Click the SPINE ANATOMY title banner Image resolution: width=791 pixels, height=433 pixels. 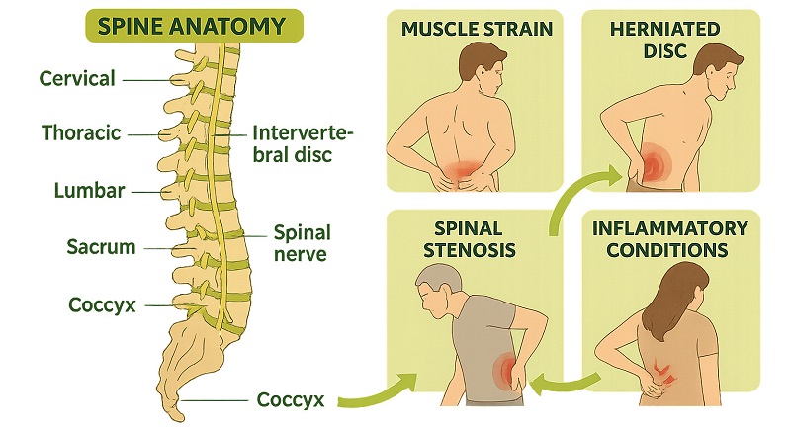click(x=194, y=26)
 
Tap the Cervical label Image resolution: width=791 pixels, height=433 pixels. click(x=77, y=79)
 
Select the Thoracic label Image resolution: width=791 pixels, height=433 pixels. click(x=81, y=133)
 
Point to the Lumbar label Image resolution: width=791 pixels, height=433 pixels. click(x=89, y=191)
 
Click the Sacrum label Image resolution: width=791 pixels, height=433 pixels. click(x=101, y=247)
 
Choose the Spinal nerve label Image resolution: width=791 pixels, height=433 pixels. click(x=302, y=243)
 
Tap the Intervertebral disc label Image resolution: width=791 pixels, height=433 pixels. click(x=303, y=144)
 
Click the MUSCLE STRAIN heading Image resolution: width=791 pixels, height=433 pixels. click(x=478, y=30)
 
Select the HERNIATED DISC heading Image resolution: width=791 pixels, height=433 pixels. click(x=664, y=40)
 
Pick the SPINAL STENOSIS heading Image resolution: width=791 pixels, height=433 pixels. click(x=469, y=239)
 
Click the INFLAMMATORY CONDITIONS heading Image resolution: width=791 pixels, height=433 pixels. click(x=670, y=239)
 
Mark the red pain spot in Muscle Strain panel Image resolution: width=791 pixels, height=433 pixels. click(x=464, y=172)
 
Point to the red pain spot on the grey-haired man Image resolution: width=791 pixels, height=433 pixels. click(x=506, y=371)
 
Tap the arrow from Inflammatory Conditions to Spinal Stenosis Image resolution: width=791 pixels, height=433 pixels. click(x=566, y=385)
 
